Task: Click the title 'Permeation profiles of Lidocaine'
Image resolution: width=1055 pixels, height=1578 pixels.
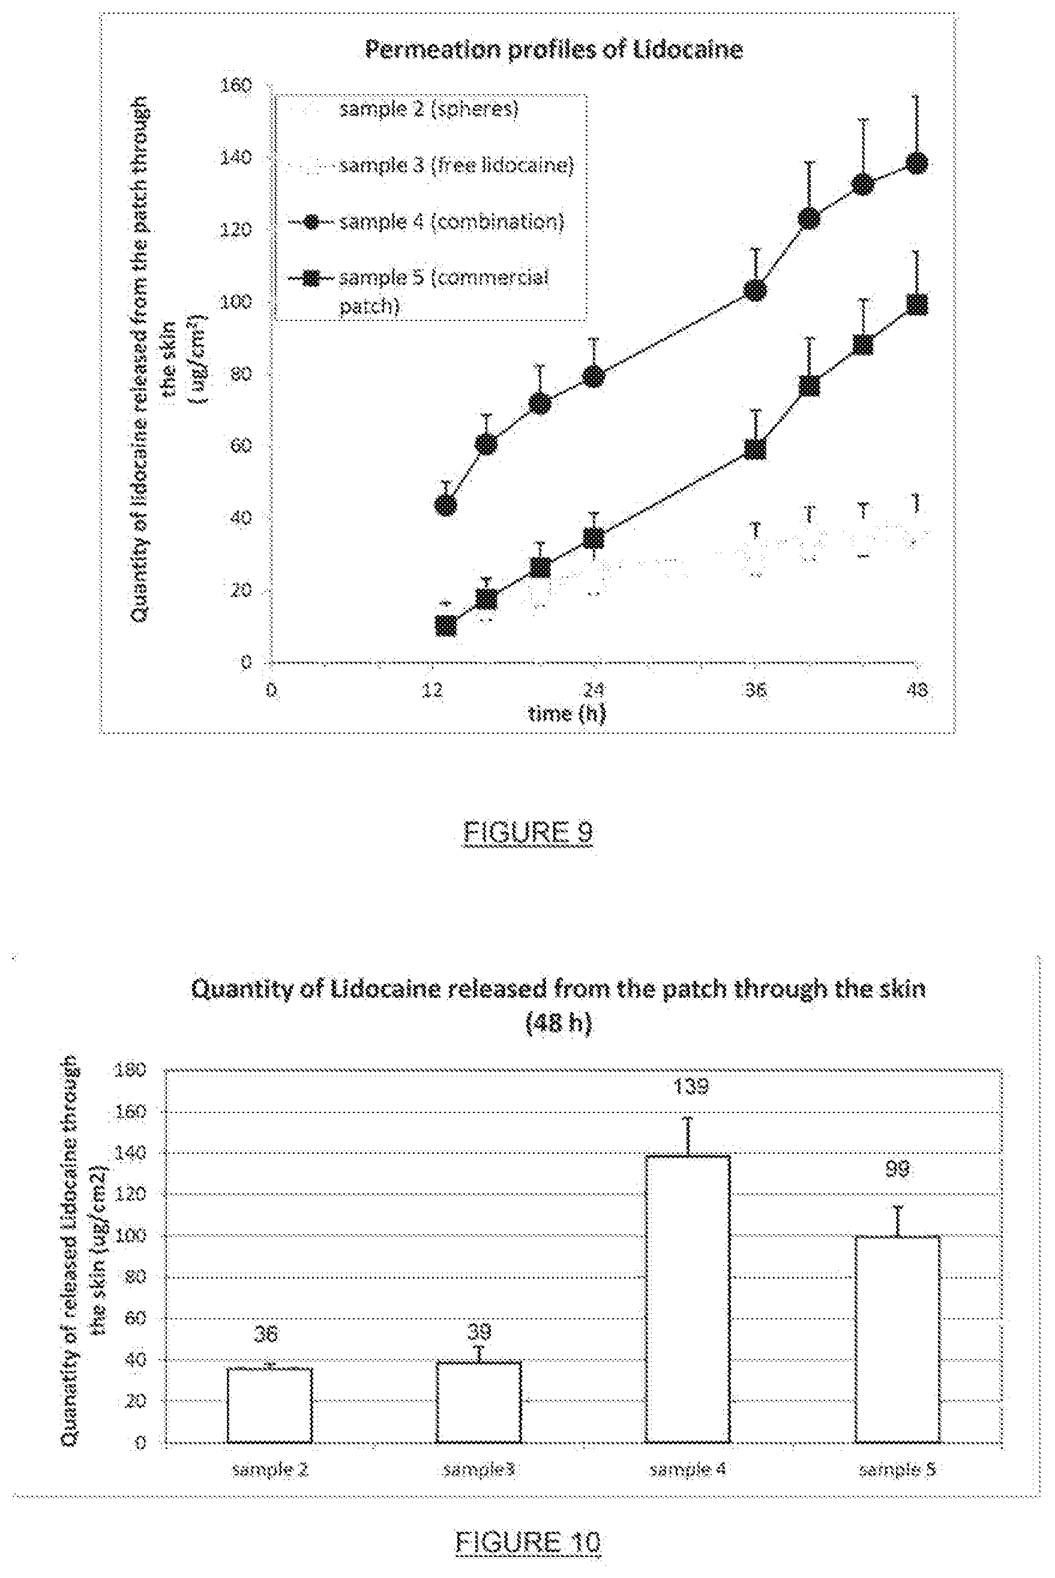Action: pyautogui.click(x=554, y=50)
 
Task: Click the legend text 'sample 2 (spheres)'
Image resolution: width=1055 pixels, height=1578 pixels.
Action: pyautogui.click(x=428, y=109)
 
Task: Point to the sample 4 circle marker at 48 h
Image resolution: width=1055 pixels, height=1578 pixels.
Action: pyautogui.click(x=916, y=163)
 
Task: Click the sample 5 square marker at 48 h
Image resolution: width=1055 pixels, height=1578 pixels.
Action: pyautogui.click(x=916, y=304)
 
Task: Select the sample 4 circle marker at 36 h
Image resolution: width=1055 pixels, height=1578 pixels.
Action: pyautogui.click(x=755, y=290)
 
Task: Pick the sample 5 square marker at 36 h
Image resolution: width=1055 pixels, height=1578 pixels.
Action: pyautogui.click(x=755, y=449)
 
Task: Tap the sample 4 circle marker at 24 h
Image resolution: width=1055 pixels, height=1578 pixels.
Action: pyautogui.click(x=594, y=376)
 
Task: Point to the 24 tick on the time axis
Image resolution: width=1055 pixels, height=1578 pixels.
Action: pyautogui.click(x=593, y=690)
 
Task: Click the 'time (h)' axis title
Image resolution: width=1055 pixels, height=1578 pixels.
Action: pyautogui.click(x=567, y=713)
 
